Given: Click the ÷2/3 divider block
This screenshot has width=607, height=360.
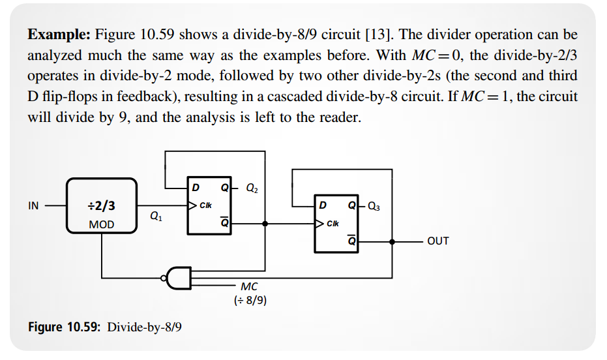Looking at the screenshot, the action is click(x=102, y=205).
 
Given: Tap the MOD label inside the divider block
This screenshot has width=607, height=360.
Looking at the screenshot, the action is click(x=102, y=224).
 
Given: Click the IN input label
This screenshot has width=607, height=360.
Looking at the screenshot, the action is click(x=33, y=205).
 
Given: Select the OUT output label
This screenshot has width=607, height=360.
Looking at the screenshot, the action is click(x=438, y=241).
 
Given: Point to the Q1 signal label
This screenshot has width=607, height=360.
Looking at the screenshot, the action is click(x=156, y=216).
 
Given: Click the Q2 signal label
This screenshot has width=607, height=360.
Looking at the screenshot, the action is click(x=252, y=188).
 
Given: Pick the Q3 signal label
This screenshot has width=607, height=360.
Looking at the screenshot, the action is click(x=374, y=206).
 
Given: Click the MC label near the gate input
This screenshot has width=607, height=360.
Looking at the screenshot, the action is click(x=249, y=286).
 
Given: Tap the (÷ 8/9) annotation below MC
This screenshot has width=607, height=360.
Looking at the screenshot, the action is click(x=250, y=301).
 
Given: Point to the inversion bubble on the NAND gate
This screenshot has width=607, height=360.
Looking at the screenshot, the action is click(x=164, y=278).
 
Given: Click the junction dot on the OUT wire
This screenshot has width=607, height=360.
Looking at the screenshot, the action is click(x=392, y=242).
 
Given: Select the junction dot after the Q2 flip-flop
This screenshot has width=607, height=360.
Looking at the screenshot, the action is click(x=265, y=224).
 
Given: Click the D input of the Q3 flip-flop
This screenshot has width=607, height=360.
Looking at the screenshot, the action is click(x=323, y=205).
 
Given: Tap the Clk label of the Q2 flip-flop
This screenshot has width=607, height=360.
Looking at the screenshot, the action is click(x=205, y=205).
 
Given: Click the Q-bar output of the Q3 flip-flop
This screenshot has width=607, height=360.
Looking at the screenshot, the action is click(x=351, y=241).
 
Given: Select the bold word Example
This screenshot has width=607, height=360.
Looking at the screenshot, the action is click(x=59, y=35).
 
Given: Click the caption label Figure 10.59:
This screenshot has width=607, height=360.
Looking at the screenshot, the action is click(x=65, y=327).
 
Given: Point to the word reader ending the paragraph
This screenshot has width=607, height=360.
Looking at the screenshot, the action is click(x=340, y=117).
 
